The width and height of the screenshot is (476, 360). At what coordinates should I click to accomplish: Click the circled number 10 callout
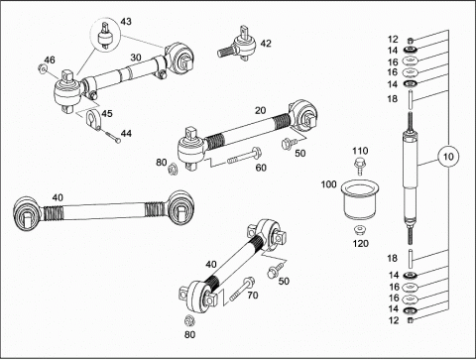point(448,157)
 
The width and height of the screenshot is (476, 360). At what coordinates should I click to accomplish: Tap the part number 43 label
point(126,22)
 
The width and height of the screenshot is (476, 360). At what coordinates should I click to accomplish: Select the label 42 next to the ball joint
point(266,44)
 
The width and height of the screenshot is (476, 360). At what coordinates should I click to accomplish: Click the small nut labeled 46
point(42,69)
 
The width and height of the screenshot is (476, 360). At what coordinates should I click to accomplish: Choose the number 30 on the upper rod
point(136,58)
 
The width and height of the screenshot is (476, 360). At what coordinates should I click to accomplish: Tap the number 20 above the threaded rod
point(261,110)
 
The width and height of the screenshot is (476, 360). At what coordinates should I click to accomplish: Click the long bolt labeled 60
point(245,156)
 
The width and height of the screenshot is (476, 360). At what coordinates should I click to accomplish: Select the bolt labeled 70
point(242,289)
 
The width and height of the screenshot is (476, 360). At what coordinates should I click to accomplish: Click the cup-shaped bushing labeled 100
point(359,198)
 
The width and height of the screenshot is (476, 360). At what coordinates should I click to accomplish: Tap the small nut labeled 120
point(359,230)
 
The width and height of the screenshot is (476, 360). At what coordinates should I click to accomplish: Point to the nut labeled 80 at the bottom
point(189,320)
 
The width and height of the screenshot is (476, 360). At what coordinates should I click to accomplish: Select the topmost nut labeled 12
point(410,41)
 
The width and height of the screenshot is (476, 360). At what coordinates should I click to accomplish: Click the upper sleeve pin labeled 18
point(411,99)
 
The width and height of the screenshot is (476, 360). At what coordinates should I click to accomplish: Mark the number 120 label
point(360,244)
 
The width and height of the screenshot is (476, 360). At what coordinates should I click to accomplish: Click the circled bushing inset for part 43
point(105,36)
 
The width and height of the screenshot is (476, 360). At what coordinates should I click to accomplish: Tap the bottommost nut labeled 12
point(411,319)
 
